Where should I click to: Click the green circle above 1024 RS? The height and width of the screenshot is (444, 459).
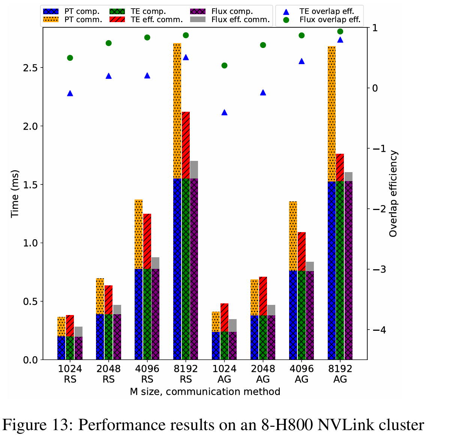70,58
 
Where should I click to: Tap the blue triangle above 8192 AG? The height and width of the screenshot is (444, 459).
340,40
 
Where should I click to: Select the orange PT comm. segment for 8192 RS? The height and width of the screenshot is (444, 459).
177,111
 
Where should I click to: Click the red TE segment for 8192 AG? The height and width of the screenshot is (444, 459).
340,167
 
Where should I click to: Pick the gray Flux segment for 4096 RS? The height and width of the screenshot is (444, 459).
155,263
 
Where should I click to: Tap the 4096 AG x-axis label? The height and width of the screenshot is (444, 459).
301,374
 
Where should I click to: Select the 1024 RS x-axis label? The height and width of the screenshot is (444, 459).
70,374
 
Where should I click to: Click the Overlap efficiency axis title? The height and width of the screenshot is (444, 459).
393,193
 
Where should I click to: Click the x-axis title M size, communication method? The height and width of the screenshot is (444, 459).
205,392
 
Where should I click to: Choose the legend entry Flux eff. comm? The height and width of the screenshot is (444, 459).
240,20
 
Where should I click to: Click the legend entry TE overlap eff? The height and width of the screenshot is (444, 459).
326,12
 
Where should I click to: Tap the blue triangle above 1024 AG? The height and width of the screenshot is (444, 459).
224,112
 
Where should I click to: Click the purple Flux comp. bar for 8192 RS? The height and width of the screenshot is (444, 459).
194,269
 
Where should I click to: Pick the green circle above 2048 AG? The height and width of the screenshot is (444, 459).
263,45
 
